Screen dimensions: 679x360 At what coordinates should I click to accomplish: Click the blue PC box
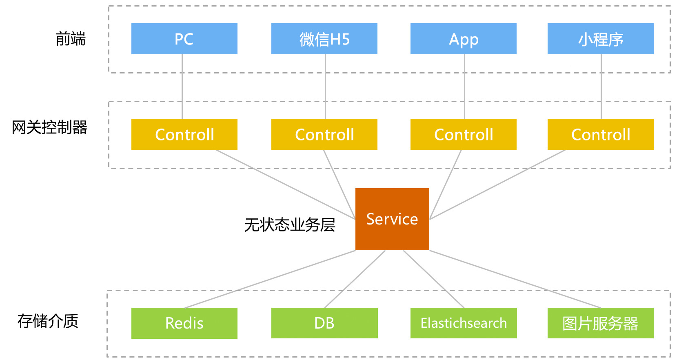184,39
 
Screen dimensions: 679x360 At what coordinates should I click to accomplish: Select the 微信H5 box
324,39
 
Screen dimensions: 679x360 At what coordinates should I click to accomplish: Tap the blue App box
464,39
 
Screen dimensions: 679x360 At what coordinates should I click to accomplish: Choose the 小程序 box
601,39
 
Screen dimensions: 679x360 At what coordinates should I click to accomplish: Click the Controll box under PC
184,134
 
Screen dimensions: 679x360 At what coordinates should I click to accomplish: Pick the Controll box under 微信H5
324,134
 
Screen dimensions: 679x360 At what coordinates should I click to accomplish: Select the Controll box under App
464,134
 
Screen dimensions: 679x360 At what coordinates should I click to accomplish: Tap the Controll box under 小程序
601,134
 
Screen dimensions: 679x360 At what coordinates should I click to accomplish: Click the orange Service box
392,219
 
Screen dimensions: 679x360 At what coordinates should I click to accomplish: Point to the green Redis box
184,323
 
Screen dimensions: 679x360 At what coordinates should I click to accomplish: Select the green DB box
324,323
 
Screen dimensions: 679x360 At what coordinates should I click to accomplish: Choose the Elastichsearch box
464,323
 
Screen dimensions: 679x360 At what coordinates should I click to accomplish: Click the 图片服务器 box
601,323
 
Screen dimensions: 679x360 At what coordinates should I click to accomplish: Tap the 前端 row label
70,39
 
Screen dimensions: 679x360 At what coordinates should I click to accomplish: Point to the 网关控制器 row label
49,127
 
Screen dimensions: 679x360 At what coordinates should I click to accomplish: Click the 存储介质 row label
48,321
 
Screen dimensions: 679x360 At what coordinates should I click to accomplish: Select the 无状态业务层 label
290,225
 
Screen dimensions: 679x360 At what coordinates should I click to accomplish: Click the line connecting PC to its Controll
182,87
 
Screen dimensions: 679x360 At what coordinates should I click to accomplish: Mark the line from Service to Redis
270,279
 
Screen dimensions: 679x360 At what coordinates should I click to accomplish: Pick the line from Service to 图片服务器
515,279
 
